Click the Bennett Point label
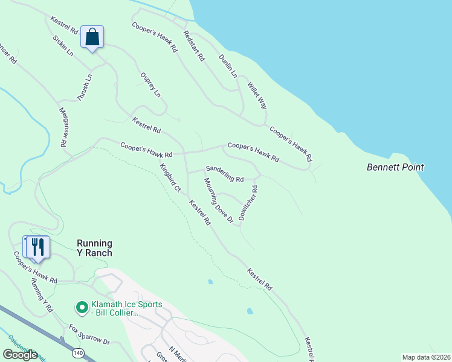(395, 167)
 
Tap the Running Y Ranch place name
(94, 249)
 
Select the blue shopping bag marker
(92, 37)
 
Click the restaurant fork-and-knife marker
(37, 247)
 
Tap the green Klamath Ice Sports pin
(80, 308)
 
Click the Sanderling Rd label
(224, 174)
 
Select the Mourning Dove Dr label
(218, 200)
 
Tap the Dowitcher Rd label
(248, 203)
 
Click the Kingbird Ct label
(170, 177)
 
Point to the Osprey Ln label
(150, 85)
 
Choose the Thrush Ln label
(85, 87)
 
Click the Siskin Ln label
(63, 45)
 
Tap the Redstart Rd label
(194, 47)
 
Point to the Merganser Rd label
(62, 127)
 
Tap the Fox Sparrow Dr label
(89, 334)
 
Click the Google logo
(21, 354)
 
